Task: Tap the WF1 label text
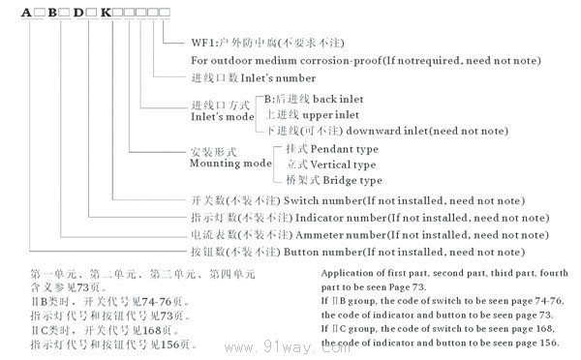(x=206, y=44)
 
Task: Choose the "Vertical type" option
(x=344, y=165)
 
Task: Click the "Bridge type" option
(x=341, y=180)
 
